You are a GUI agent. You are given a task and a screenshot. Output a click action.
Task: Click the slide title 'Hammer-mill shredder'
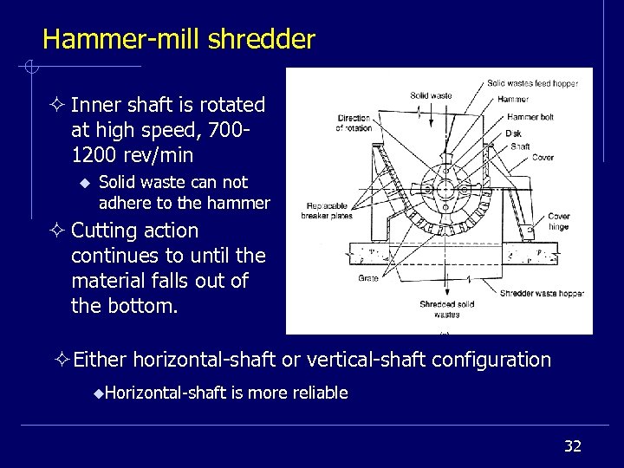click(x=179, y=39)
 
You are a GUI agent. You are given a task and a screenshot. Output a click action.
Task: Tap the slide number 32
click(x=572, y=446)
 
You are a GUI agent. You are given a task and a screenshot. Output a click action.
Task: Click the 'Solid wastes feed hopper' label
click(x=532, y=84)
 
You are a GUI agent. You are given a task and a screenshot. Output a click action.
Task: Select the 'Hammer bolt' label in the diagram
click(x=530, y=117)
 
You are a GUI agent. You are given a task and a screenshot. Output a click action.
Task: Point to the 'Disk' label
click(x=514, y=133)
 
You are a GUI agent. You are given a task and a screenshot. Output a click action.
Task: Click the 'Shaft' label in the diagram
click(x=520, y=146)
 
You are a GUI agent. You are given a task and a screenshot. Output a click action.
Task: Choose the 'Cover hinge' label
click(x=558, y=222)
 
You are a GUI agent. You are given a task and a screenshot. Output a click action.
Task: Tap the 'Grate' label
click(x=367, y=278)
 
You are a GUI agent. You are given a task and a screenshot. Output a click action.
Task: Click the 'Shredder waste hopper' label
click(x=541, y=294)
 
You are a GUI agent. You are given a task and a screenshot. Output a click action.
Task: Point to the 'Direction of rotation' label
click(x=354, y=123)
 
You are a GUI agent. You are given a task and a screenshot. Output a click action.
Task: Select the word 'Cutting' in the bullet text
click(x=103, y=231)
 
